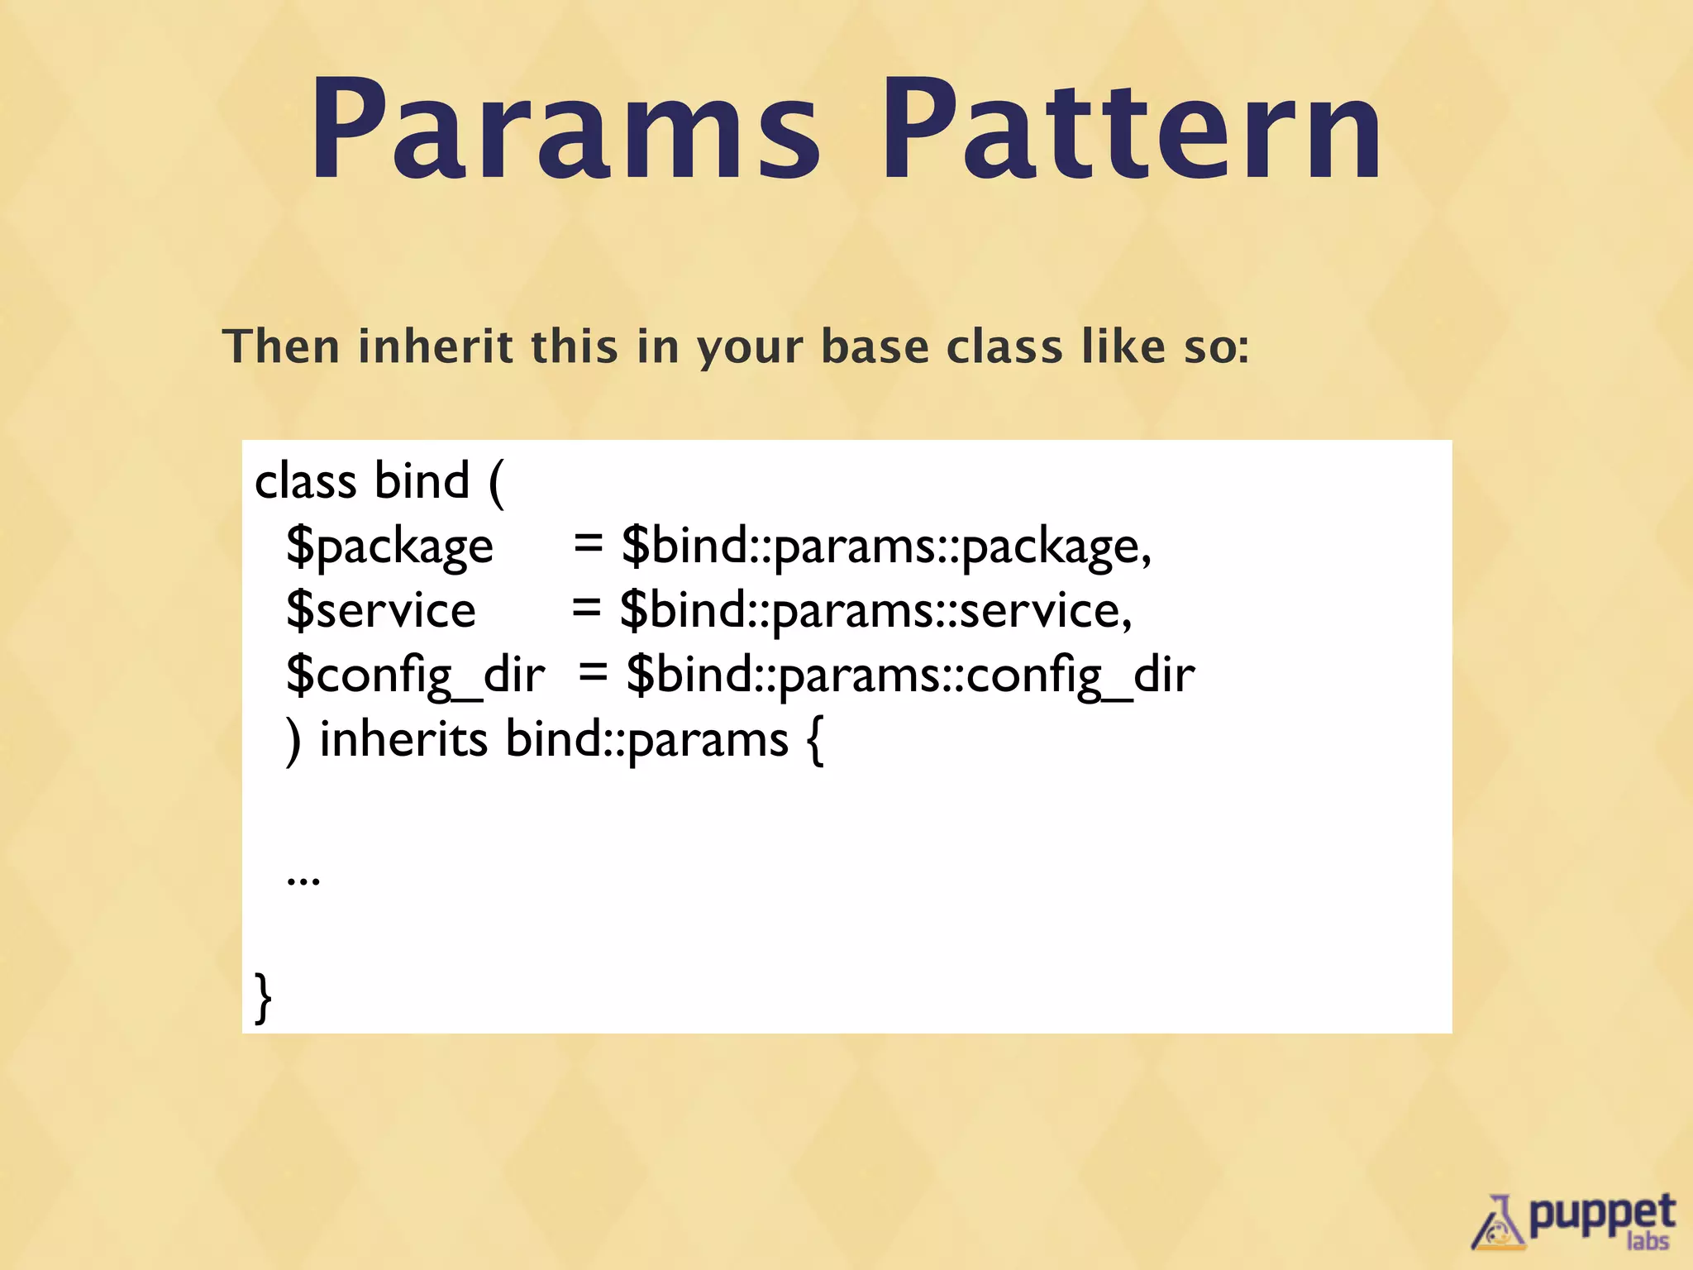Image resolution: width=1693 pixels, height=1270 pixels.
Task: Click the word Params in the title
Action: tap(565, 130)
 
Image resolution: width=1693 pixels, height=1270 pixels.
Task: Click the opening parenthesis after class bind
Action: tap(496, 483)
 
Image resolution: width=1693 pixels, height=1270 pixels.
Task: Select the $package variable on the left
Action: tap(389, 547)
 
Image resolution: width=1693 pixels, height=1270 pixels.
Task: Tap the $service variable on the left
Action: tap(380, 610)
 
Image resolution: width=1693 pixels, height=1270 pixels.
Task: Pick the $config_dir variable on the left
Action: tap(415, 675)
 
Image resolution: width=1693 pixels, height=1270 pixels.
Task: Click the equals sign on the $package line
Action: tap(588, 545)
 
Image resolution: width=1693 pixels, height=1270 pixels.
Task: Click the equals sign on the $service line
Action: tap(586, 609)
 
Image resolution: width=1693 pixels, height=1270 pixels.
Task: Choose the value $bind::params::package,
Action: tap(885, 547)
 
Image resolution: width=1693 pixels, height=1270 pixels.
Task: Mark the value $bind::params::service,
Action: tap(875, 610)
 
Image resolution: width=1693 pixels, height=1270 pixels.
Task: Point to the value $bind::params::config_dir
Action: tap(910, 675)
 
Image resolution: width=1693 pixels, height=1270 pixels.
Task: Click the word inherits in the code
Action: tap(403, 739)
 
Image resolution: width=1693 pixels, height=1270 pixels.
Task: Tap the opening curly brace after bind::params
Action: tap(814, 741)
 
